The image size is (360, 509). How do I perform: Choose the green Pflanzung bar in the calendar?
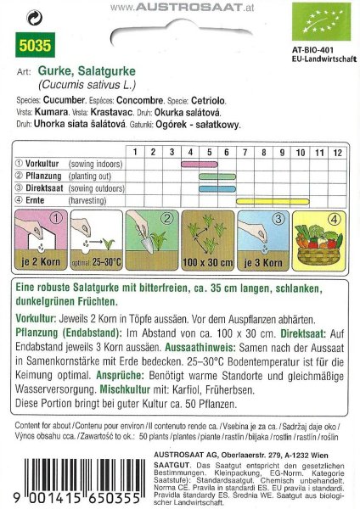click(x=210, y=176)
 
